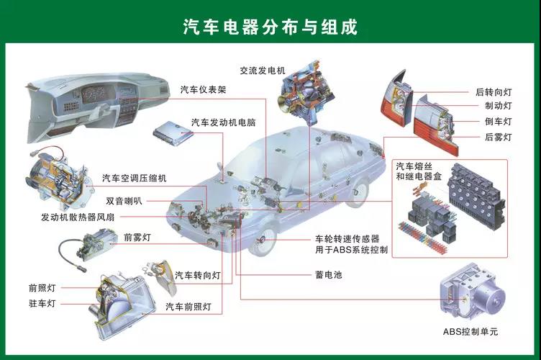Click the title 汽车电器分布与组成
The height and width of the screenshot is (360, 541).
click(x=270, y=27)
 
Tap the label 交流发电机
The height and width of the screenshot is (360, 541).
click(x=263, y=70)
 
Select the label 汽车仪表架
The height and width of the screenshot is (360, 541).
click(x=204, y=91)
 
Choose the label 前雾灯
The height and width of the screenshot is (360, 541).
click(x=137, y=236)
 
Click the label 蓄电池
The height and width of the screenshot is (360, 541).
click(x=328, y=274)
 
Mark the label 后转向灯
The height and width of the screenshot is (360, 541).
click(x=493, y=92)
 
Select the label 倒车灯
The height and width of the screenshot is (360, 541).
click(x=498, y=122)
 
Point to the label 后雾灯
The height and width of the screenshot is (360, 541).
click(x=498, y=137)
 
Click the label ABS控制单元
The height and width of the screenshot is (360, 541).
click(x=470, y=332)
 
